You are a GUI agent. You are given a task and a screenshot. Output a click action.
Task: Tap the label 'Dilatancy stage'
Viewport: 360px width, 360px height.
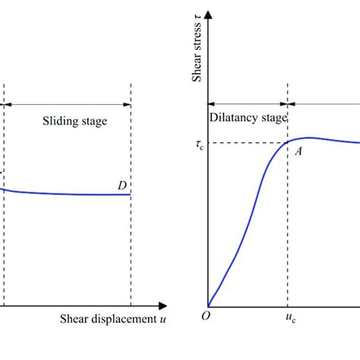pos(248,118)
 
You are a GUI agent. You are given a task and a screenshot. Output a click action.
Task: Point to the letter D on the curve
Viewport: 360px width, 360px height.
pos(122,185)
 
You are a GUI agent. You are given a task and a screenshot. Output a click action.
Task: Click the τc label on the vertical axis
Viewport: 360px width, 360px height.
pos(199,144)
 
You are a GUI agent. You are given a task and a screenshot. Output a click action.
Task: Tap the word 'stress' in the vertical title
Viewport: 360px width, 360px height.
pos(198,43)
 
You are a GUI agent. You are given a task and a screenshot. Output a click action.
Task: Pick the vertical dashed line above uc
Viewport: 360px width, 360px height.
pos(287,228)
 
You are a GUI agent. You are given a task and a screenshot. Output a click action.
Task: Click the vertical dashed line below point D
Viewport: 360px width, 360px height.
pos(131,251)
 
